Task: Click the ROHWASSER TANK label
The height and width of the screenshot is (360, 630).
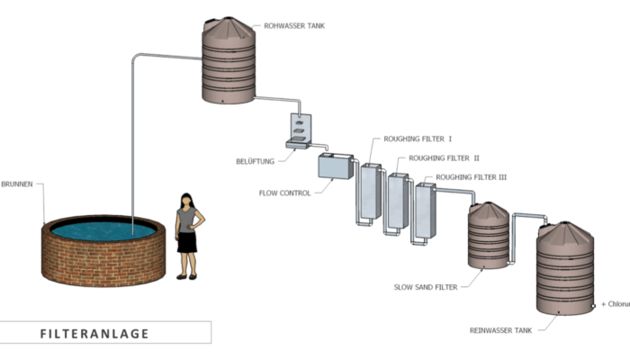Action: [x=295, y=26]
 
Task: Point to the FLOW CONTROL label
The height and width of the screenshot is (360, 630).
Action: [x=284, y=193]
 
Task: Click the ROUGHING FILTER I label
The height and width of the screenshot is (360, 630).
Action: [x=418, y=139]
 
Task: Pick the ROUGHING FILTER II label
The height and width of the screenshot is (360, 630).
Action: [x=444, y=158]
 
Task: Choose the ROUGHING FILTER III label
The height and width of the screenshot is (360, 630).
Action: [x=471, y=177]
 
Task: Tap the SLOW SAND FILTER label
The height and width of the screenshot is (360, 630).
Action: [x=425, y=287]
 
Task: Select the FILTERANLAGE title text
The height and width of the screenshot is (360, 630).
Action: [x=94, y=333]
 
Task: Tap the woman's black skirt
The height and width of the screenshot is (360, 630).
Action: [x=186, y=241]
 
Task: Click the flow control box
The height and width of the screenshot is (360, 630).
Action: [x=336, y=166]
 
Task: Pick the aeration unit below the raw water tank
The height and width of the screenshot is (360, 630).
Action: [x=300, y=130]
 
